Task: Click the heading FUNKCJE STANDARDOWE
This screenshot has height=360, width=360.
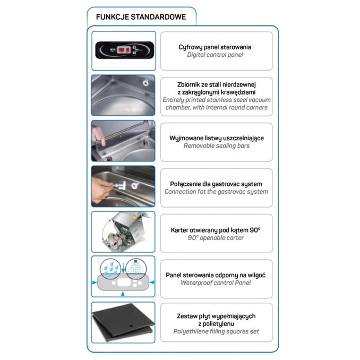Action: pos(141,17)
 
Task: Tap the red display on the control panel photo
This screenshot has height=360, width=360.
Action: pos(124,49)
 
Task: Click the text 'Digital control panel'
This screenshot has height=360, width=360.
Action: pos(215,55)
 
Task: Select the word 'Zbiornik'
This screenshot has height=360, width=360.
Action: pos(188,84)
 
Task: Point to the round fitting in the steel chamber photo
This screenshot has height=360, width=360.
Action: pos(145,83)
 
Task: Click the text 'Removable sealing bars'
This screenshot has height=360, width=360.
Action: pos(217,146)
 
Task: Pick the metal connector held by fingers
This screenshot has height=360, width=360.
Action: pos(119,185)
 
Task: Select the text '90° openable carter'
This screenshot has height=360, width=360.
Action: pos(216,238)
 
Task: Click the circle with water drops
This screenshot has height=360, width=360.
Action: pos(110,269)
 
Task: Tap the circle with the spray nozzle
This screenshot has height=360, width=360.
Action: pos(136,268)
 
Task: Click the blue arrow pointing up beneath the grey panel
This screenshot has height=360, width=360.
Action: pos(123,294)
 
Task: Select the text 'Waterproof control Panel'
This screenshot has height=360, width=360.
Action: pos(216,283)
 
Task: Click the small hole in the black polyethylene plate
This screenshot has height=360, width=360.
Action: pos(131,325)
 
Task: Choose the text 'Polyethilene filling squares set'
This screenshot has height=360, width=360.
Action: pos(216,331)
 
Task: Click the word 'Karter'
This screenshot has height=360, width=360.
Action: pos(179,230)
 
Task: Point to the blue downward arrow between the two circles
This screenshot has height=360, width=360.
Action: pos(123,268)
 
